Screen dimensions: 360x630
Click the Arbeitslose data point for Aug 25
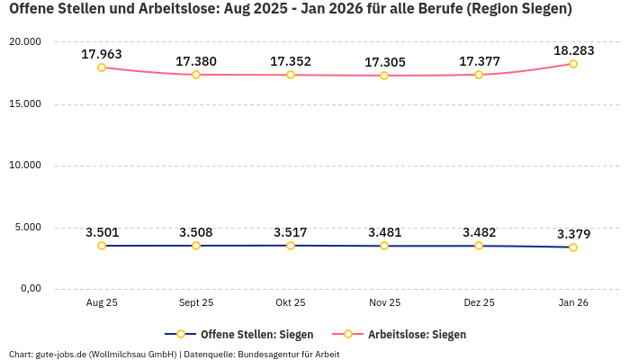point(102,67)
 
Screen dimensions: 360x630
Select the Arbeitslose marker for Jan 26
point(573,64)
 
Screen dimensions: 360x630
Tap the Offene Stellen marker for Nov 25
point(384,246)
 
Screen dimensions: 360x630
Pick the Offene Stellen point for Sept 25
point(196,246)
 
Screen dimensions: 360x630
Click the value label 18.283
point(573,50)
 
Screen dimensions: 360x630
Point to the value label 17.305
point(384,62)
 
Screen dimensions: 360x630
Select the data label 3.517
point(290,232)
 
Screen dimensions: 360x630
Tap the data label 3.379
point(573,234)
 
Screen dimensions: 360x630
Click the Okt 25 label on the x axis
point(290,303)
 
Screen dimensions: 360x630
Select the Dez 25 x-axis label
point(479,303)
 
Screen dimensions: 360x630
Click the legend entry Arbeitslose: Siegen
point(417,334)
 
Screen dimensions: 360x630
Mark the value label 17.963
point(102,54)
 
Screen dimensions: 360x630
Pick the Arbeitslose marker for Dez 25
point(479,75)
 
